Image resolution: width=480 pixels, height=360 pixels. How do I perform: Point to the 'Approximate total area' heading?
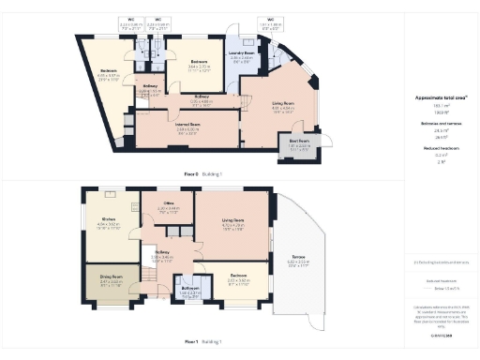434,97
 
